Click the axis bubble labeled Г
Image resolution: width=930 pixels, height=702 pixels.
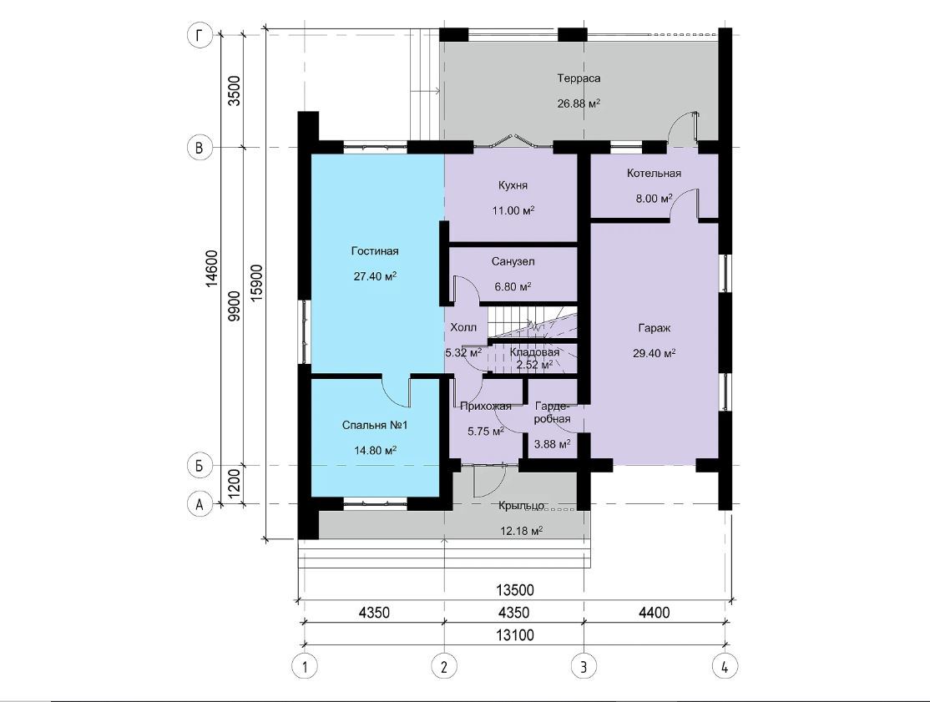click(x=200, y=36)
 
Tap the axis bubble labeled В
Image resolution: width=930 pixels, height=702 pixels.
click(x=200, y=147)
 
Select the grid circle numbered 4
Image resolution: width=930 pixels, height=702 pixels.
click(x=724, y=666)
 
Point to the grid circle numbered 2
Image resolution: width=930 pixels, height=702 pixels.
click(x=444, y=666)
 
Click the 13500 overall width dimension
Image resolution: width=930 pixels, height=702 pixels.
click(x=515, y=590)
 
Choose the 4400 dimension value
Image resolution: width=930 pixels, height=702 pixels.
click(x=655, y=613)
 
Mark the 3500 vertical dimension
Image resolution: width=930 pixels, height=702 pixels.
click(x=235, y=91)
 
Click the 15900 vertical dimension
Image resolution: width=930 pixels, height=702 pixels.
click(x=257, y=284)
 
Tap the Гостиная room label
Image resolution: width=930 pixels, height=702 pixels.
click(x=375, y=251)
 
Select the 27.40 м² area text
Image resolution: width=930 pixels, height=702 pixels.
click(x=375, y=276)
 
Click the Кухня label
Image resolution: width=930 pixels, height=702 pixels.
click(x=513, y=185)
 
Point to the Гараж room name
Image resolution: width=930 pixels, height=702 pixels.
click(x=655, y=328)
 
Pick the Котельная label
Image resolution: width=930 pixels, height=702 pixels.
click(x=655, y=173)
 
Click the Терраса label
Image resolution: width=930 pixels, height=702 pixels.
click(x=579, y=78)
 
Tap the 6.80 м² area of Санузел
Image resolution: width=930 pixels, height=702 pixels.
click(x=513, y=287)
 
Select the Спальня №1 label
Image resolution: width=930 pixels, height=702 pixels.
click(x=375, y=425)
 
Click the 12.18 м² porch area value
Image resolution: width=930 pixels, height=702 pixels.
click(x=522, y=531)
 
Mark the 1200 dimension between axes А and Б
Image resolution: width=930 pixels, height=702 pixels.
click(x=235, y=484)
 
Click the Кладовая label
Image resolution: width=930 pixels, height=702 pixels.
click(x=534, y=352)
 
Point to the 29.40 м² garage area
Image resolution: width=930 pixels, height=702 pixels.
click(x=655, y=353)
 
